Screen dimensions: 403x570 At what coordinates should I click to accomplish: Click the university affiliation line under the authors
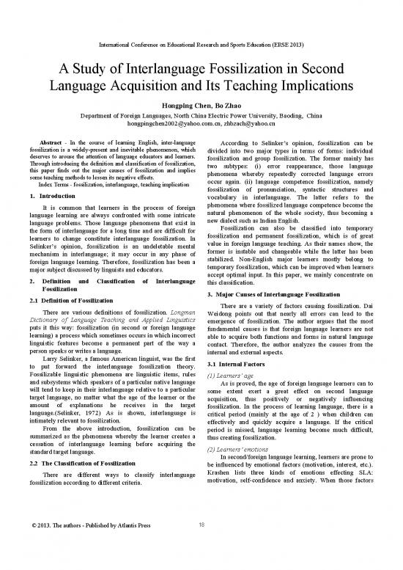coord(202,116)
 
